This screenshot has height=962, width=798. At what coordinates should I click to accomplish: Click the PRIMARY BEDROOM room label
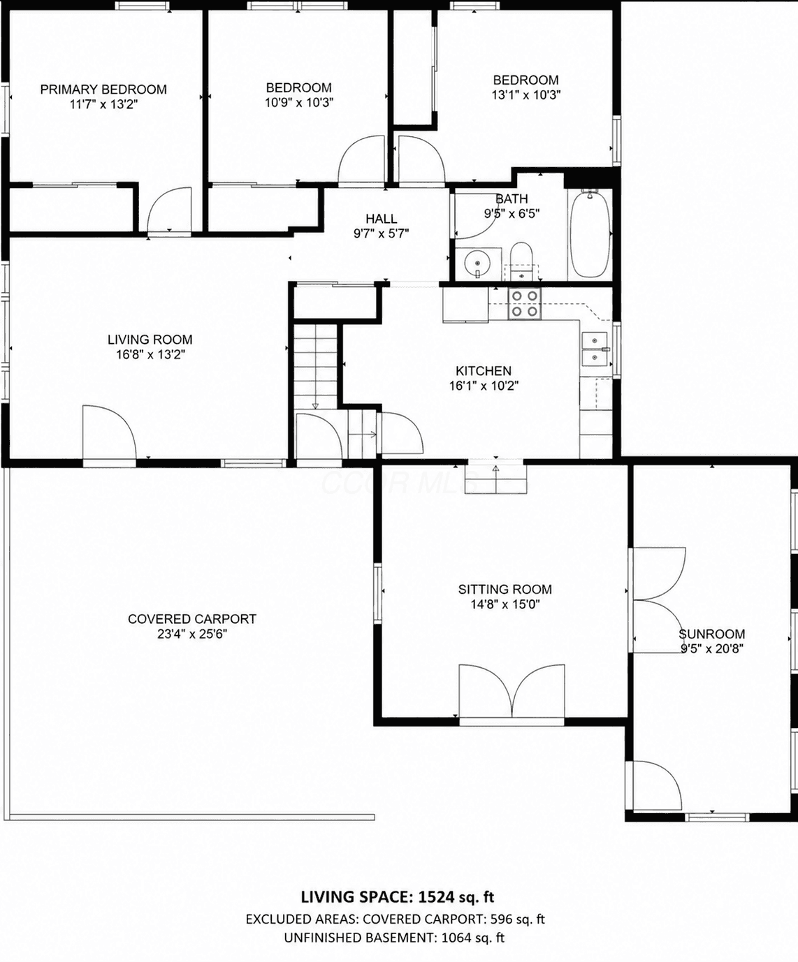103,89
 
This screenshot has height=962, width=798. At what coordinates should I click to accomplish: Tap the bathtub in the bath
590,234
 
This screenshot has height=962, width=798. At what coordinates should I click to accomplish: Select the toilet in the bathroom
521,261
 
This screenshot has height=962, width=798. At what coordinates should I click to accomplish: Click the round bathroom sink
478,263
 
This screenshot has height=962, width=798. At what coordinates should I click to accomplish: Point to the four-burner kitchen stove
525,304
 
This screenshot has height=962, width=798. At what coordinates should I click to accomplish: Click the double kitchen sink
595,349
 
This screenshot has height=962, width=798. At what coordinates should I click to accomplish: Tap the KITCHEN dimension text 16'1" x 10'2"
484,386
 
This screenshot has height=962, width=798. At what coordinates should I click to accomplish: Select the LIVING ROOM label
150,340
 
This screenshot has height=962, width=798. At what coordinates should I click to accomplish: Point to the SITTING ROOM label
505,589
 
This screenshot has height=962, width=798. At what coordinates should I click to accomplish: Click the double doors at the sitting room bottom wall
512,690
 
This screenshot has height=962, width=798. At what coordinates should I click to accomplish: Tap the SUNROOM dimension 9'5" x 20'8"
712,649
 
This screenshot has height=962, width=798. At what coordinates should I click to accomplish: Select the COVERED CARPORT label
192,619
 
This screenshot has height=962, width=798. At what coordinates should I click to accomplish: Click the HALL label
381,219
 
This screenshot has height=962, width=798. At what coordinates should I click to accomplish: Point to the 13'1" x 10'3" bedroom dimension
525,95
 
